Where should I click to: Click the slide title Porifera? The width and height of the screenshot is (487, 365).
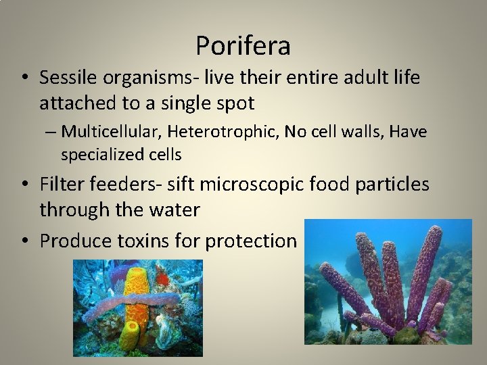pos(243,46)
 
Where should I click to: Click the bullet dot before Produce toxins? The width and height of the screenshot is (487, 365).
pos(26,241)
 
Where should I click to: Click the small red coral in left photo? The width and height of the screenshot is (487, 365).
pos(162,278)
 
